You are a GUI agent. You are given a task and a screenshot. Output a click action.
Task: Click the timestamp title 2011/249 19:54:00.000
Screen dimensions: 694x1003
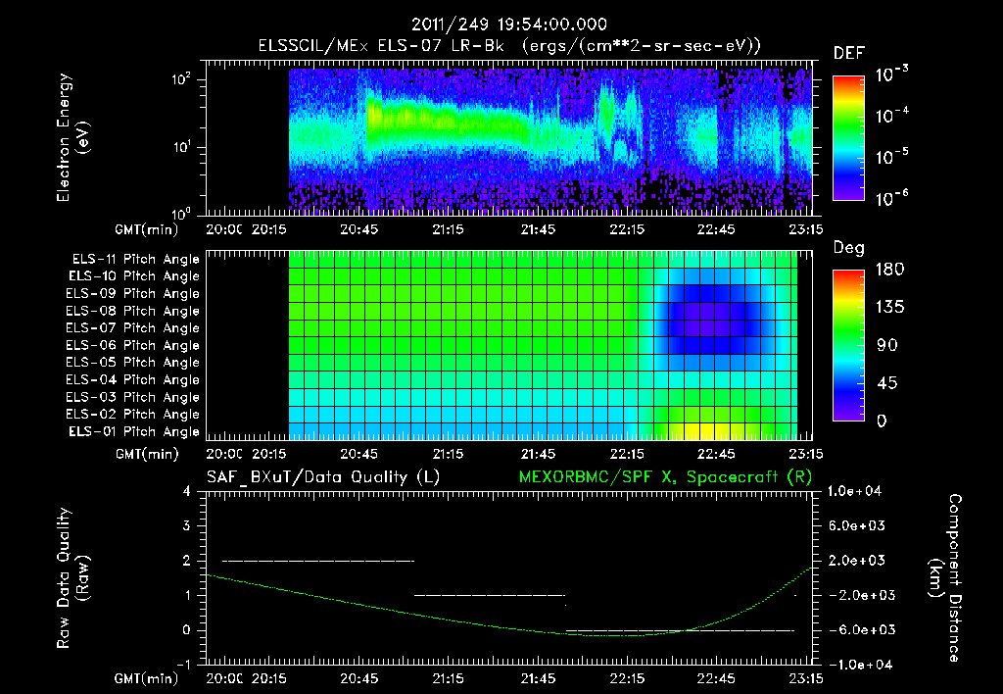point(509,25)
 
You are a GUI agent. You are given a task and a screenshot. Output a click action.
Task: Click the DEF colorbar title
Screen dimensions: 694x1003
point(848,53)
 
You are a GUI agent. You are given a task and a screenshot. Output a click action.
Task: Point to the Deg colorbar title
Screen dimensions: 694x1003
point(848,248)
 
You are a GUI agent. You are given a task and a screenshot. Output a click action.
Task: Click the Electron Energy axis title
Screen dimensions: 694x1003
point(72,140)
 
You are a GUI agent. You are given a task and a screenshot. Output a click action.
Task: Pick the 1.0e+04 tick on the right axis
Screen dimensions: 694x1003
point(857,491)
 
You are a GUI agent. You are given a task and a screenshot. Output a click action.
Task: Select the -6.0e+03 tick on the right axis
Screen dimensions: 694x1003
point(857,629)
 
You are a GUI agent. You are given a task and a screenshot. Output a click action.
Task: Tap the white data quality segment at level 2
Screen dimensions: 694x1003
point(318,561)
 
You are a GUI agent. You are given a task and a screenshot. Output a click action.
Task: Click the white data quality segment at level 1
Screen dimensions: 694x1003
point(490,595)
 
